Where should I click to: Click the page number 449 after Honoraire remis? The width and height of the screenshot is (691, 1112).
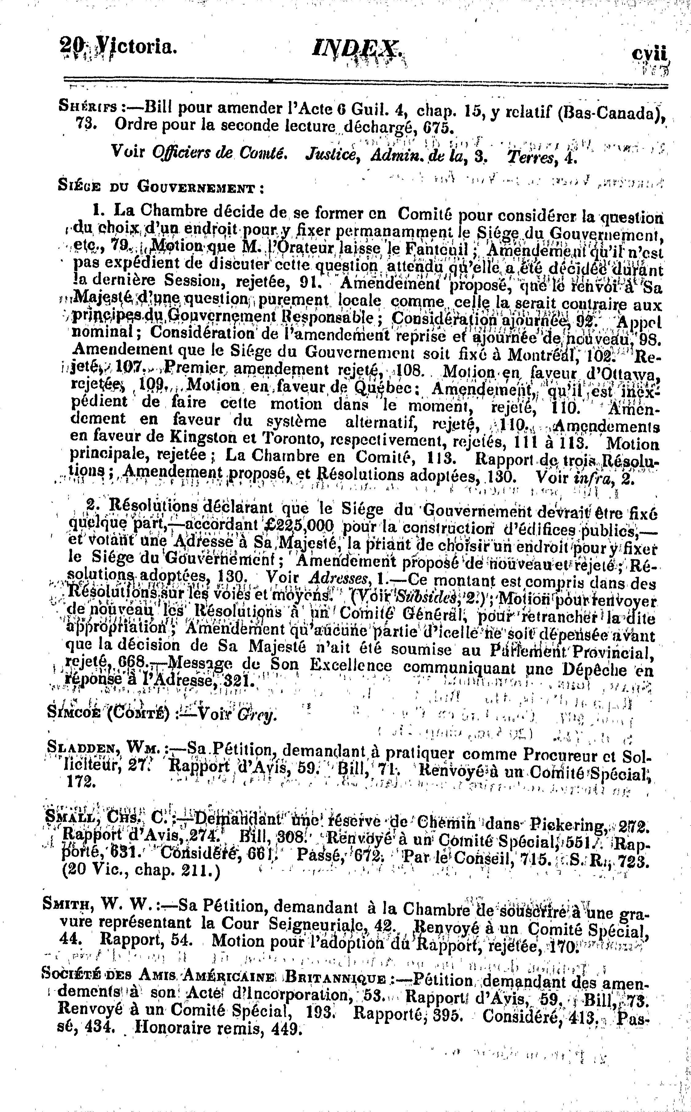tap(286, 1030)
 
